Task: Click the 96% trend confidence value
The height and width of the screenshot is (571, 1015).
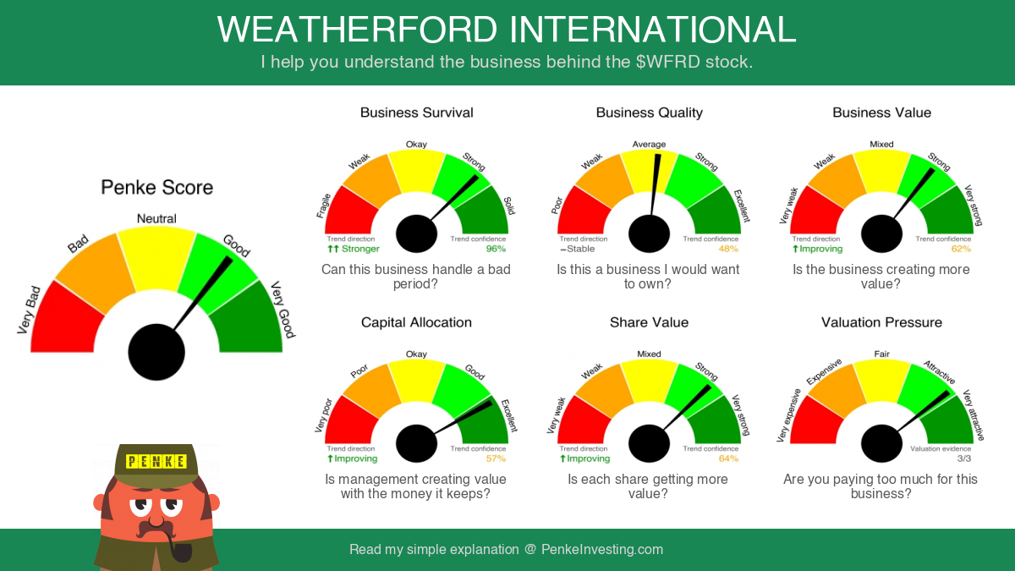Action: coord(496,249)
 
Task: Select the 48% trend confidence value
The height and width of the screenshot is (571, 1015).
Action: coord(728,249)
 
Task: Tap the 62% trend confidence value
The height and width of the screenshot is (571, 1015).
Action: coord(961,249)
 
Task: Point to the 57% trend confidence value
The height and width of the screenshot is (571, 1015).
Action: coord(496,458)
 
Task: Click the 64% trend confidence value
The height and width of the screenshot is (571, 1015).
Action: coord(728,458)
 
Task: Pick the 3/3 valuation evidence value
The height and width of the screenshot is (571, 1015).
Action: coord(964,458)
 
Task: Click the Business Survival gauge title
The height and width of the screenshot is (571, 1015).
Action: coord(416,113)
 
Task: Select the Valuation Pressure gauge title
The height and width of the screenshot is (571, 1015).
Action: coord(881,322)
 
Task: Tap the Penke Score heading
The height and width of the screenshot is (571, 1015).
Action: coord(156,187)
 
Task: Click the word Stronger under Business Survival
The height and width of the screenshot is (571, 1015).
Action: coord(360,249)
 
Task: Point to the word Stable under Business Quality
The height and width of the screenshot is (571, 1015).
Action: coord(580,249)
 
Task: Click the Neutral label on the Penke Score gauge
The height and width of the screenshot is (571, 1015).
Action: coord(156,219)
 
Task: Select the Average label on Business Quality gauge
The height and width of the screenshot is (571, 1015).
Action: coord(649,144)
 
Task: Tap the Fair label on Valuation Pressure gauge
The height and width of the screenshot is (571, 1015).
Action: coord(881,354)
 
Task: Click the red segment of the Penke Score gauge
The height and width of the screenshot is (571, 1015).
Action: coord(68,320)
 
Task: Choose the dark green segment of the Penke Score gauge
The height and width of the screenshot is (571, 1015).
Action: coord(247,320)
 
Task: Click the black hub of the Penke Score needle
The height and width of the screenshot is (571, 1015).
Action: coord(156,352)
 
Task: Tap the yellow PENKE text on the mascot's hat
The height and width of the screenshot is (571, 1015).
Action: coord(156,461)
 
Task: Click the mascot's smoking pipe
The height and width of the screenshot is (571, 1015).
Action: coord(179,548)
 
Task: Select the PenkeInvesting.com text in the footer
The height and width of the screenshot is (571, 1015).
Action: coord(601,549)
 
